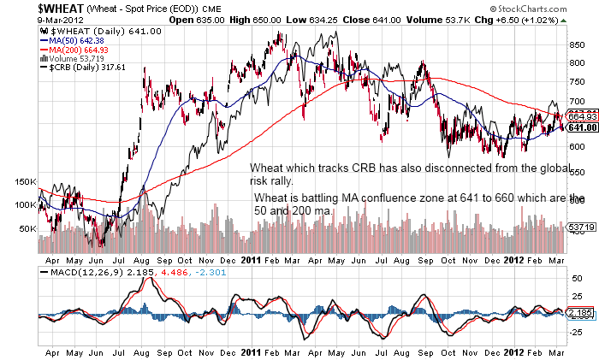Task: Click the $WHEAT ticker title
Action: coord(34,8)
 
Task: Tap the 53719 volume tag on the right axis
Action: coord(581,227)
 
